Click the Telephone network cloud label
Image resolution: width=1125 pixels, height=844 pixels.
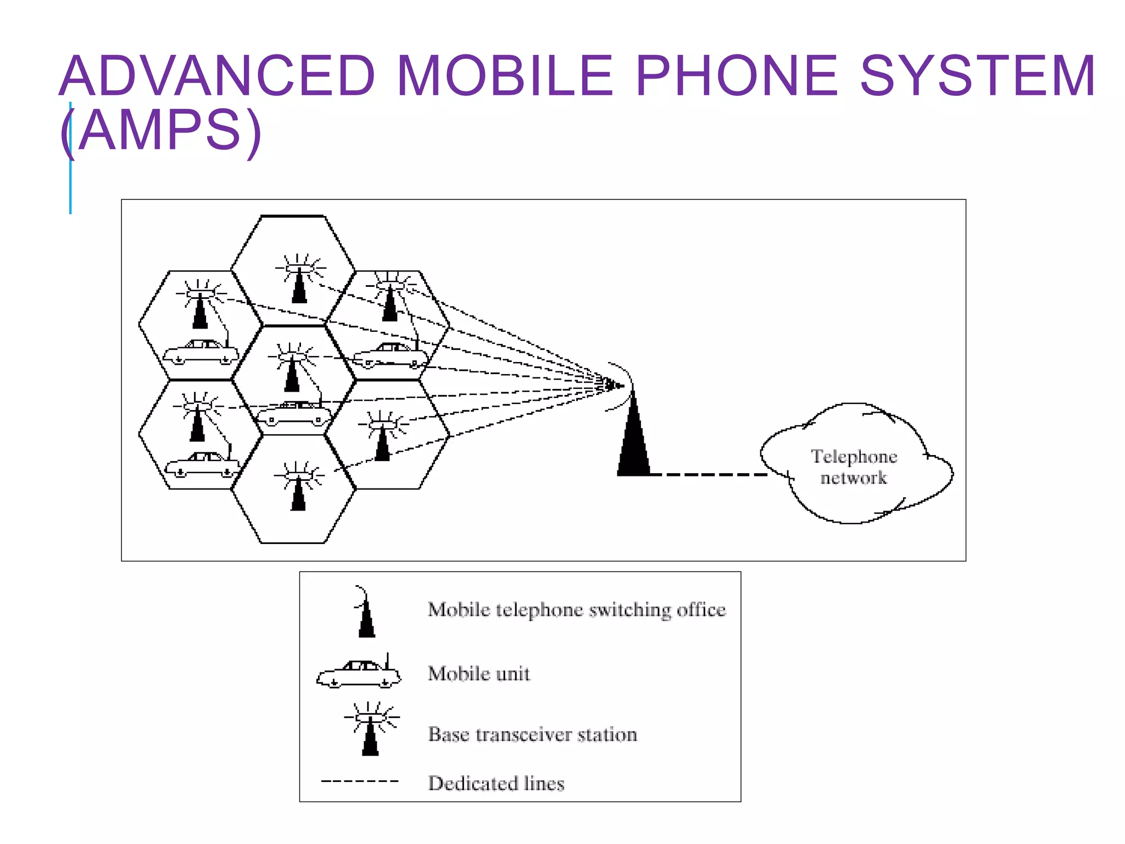[854, 467]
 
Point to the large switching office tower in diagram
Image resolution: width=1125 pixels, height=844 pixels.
[633, 440]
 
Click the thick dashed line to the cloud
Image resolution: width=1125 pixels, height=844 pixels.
[714, 474]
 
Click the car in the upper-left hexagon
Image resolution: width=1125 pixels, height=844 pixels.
[201, 353]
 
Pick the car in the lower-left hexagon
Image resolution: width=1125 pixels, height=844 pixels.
[203, 465]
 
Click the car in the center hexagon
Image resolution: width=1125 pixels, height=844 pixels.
[294, 415]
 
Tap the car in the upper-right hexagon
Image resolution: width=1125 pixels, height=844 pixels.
[390, 356]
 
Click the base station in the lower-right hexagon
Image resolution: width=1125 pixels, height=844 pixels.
[383, 437]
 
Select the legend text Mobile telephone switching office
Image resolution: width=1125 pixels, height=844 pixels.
[577, 610]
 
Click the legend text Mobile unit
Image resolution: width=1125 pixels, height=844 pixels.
[479, 674]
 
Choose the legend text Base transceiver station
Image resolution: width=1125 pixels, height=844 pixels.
[532, 735]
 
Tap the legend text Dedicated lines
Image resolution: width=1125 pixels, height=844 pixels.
[496, 783]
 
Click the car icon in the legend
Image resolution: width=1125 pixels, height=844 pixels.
[359, 674]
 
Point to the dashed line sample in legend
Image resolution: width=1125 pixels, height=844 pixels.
[360, 781]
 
